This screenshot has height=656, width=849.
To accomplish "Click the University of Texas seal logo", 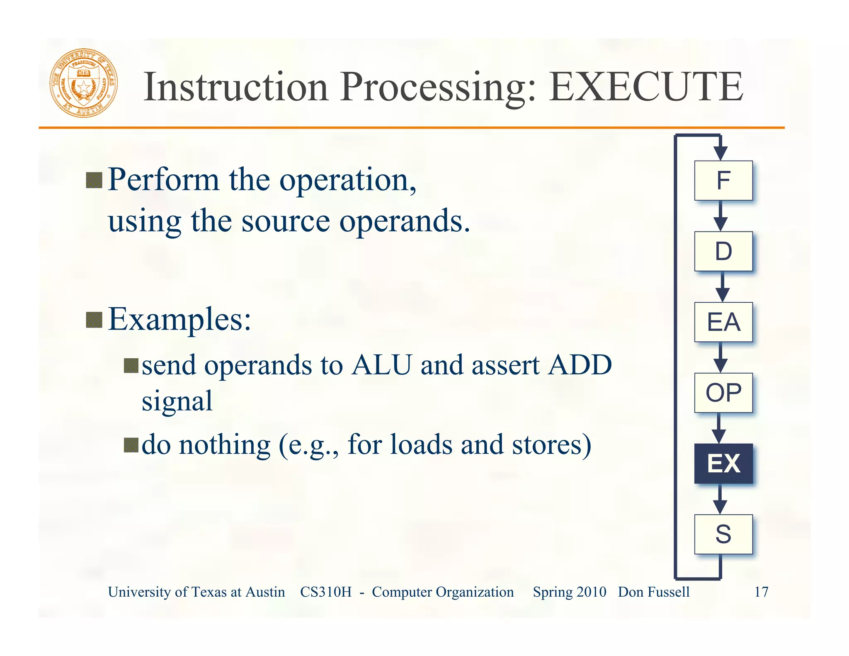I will tap(84, 83).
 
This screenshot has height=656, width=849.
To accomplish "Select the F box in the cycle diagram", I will tap(723, 180).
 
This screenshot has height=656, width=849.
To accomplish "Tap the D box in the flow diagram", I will tap(723, 251).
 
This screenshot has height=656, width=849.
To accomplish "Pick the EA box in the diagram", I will tap(723, 322).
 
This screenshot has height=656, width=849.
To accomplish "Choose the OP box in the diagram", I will tap(723, 393).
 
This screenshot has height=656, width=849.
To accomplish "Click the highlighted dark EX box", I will tap(723, 464).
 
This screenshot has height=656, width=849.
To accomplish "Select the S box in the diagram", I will tap(723, 534).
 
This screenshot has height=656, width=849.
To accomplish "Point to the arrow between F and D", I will tap(720, 216).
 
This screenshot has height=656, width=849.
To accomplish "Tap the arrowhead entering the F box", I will tap(720, 153).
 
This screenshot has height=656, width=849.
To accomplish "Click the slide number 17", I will tap(761, 592).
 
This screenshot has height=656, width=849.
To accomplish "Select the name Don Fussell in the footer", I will tap(654, 592).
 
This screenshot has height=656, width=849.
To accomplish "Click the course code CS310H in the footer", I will tap(325, 592).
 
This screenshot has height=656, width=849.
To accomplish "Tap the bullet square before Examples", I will tap(94, 320).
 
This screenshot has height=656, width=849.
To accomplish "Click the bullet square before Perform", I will tap(94, 180).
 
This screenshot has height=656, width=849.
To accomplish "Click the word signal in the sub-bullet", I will tap(177, 401).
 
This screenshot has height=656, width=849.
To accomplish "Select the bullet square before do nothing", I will tap(131, 445).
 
